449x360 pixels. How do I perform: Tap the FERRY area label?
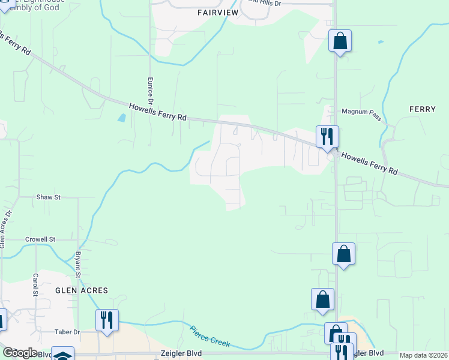pyautogui.click(x=422, y=109)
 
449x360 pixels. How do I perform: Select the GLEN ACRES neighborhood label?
pyautogui.click(x=82, y=290)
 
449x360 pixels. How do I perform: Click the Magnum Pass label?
pyautogui.click(x=361, y=112)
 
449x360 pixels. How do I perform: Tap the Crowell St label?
pyautogui.click(x=40, y=239)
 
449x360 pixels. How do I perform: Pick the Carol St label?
pyautogui.click(x=36, y=286)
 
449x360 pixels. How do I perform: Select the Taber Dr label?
pyautogui.click(x=67, y=332)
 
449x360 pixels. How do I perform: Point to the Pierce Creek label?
pyautogui.click(x=210, y=335)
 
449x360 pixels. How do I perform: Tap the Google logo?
pyautogui.click(x=19, y=353)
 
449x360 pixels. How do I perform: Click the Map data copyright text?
pyautogui.click(x=424, y=356)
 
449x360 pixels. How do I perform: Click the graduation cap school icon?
pyautogui.click(x=62, y=355)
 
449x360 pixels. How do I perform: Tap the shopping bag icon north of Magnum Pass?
pyautogui.click(x=340, y=41)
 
